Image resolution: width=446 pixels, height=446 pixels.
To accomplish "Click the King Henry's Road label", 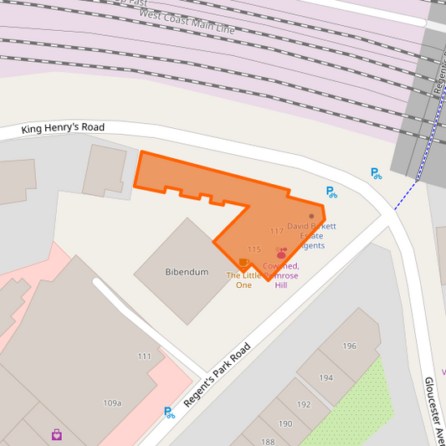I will click(64, 128).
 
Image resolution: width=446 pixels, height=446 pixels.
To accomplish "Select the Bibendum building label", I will click(187, 272).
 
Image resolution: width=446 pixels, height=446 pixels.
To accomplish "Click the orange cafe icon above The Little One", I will click(244, 263).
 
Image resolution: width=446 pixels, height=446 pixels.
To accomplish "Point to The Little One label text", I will click(244, 280).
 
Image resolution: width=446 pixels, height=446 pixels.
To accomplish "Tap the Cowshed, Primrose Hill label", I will click(281, 275).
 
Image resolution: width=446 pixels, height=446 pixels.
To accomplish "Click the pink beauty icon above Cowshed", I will click(281, 253).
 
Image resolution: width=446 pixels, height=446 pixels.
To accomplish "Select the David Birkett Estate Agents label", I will click(311, 235).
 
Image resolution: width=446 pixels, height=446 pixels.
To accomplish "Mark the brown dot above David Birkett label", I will click(311, 216).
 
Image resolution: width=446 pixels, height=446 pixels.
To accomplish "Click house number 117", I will click(276, 231).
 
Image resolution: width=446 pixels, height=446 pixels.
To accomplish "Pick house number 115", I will click(254, 249).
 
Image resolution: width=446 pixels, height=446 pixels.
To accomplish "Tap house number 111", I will click(145, 356).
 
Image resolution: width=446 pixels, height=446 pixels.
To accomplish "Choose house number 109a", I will click(112, 403).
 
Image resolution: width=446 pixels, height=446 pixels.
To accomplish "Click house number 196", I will click(349, 346).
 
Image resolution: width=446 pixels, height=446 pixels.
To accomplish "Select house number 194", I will click(326, 377).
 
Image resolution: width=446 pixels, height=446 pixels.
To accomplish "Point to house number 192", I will click(304, 404).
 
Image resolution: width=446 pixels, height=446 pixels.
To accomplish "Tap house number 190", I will click(285, 423).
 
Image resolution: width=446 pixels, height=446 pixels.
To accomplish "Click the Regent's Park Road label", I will click(217, 376).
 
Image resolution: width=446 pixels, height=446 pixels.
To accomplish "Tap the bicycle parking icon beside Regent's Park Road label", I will click(170, 412).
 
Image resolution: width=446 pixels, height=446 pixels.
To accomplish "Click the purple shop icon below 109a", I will click(56, 434).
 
